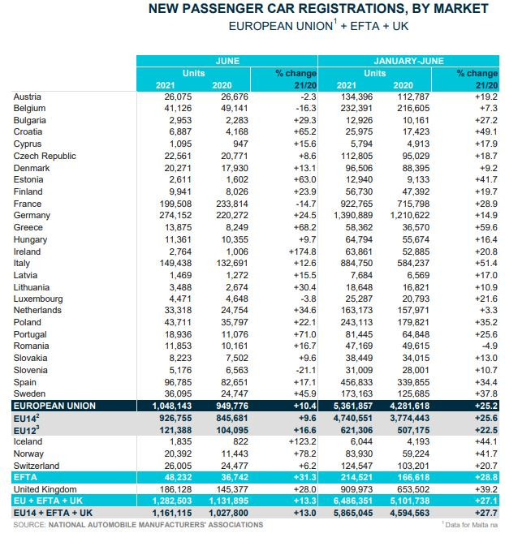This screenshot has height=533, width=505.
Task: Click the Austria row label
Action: tap(28, 97)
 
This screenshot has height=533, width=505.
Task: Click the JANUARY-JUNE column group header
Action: tap(408, 61)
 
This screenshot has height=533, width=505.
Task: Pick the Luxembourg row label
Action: tap(40, 299)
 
